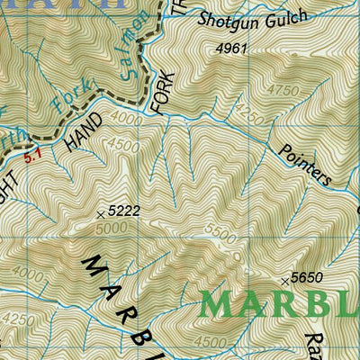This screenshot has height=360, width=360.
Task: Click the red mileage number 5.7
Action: pyautogui.click(x=33, y=156)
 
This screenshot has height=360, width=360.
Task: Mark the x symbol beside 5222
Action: pyautogui.click(x=100, y=213)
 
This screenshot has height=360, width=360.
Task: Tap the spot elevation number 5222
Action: pyautogui.click(x=123, y=211)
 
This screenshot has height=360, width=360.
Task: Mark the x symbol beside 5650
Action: pyautogui.click(x=285, y=281)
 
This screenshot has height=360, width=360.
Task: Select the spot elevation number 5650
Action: pyautogui.click(x=307, y=278)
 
